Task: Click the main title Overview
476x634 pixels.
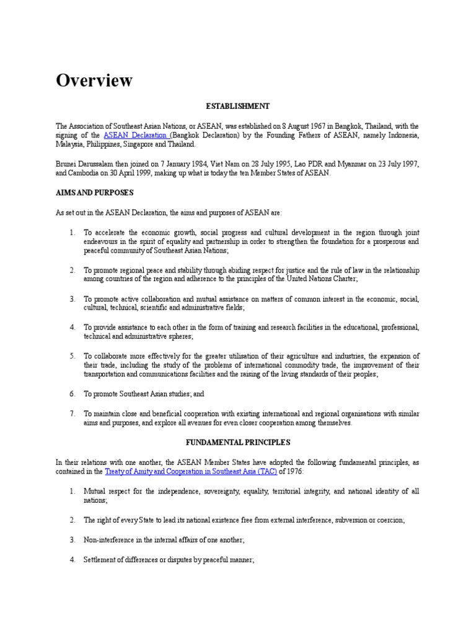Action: (x=94, y=80)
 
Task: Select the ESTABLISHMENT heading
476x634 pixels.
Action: (x=238, y=106)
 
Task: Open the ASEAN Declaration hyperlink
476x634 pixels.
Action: (x=136, y=135)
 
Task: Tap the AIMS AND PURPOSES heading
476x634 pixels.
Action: (x=94, y=193)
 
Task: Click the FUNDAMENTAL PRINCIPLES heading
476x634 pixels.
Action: (x=238, y=443)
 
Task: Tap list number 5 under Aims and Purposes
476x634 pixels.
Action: (x=73, y=356)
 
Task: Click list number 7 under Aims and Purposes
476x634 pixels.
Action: (x=73, y=414)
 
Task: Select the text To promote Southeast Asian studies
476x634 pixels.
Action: (x=140, y=394)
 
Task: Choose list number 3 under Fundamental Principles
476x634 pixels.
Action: (x=73, y=540)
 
